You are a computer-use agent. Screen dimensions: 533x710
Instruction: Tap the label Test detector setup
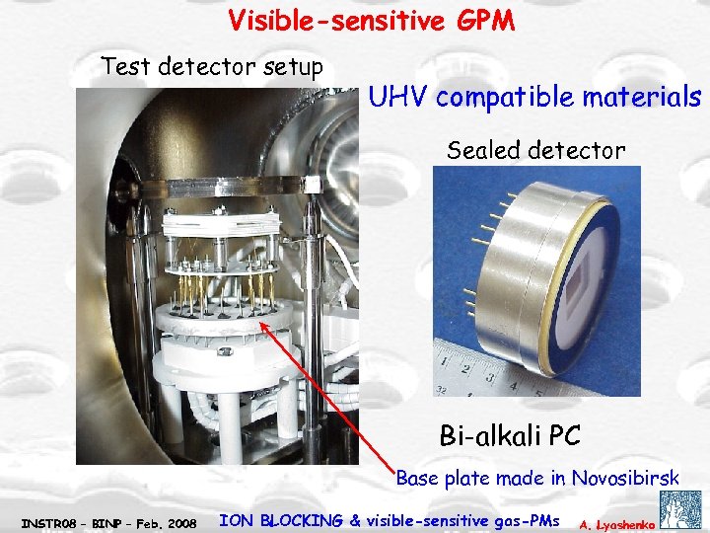pos(212,67)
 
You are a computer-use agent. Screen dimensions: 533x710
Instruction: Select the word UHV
pos(397,98)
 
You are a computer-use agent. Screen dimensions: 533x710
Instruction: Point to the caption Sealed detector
pos(535,151)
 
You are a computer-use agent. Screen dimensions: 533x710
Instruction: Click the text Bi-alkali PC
pos(510,434)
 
